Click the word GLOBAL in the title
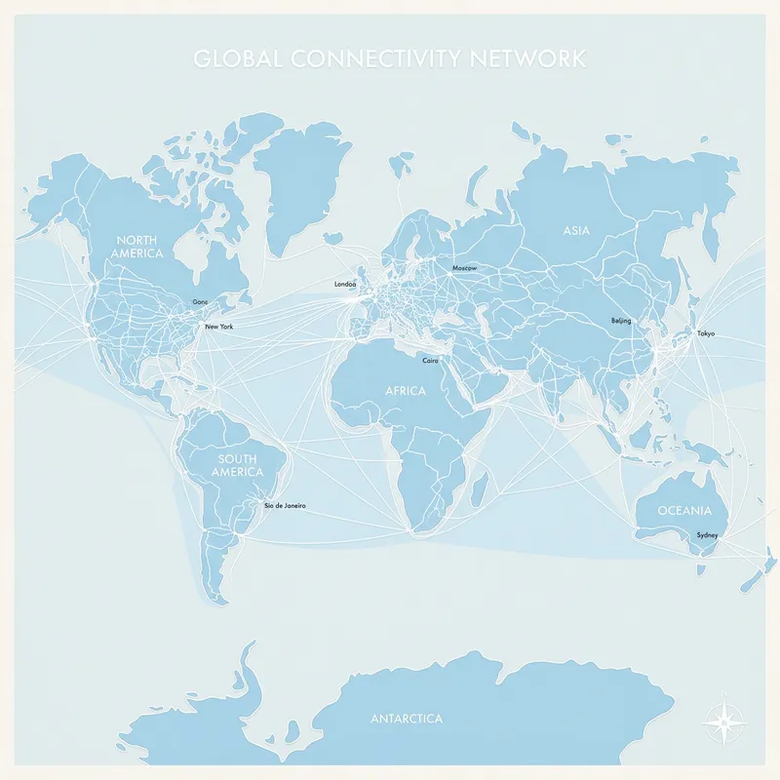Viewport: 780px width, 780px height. (229, 58)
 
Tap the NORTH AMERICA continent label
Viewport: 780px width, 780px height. (137, 247)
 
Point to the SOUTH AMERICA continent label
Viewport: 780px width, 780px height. (239, 466)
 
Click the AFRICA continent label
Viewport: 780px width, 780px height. (406, 391)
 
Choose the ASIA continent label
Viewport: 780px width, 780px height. (577, 231)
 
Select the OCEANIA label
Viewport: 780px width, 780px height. (684, 511)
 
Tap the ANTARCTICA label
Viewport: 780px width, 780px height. (407, 719)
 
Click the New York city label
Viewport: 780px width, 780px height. (219, 327)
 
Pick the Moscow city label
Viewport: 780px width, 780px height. (465, 268)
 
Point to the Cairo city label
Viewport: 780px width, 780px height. (430, 361)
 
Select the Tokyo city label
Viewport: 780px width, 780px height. (705, 334)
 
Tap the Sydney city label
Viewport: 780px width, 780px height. (707, 535)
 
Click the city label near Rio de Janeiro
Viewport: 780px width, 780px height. (286, 506)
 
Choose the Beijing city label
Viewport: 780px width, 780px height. (621, 321)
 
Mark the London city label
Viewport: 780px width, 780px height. (345, 285)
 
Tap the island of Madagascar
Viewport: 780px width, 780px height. (479, 485)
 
